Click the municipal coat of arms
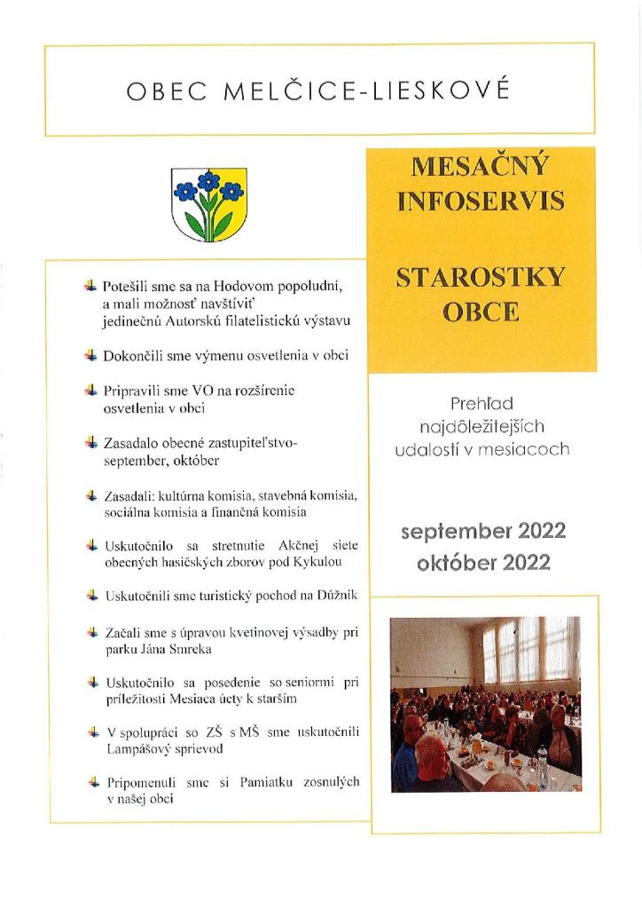[208, 204]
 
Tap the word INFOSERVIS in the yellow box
[481, 201]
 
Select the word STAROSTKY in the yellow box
[481, 278]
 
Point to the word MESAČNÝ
[481, 166]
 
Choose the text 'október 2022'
[482, 562]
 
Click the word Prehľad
[481, 403]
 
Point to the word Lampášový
[136, 748]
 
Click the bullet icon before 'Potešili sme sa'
[90, 286]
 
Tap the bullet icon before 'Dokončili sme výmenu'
[90, 355]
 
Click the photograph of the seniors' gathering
[484, 703]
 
